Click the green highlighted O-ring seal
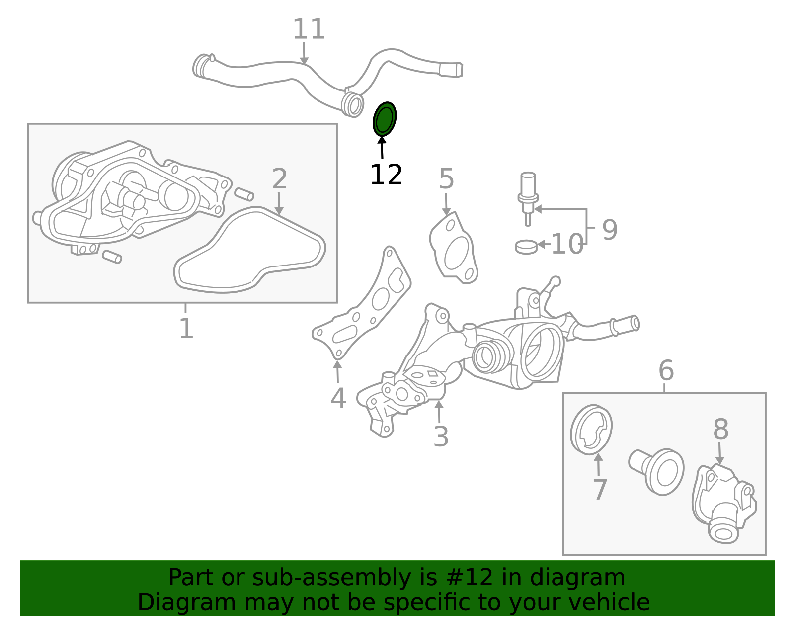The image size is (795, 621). point(385,119)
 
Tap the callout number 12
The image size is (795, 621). point(386,175)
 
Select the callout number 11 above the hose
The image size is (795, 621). point(309,30)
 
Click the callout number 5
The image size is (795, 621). point(446,179)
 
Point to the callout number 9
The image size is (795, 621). point(610,230)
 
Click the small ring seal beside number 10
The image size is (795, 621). point(526,246)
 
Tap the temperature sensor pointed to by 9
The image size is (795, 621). point(527,196)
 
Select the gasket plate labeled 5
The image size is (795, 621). point(454,249)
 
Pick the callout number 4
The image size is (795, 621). point(338,398)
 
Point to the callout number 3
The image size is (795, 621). point(441,437)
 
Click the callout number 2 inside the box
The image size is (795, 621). point(280,179)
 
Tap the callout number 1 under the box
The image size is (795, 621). point(186,329)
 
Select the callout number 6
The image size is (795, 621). point(666,371)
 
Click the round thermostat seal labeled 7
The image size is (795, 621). point(591,430)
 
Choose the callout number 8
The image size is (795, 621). point(720,430)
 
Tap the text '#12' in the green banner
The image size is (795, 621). point(467,578)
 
